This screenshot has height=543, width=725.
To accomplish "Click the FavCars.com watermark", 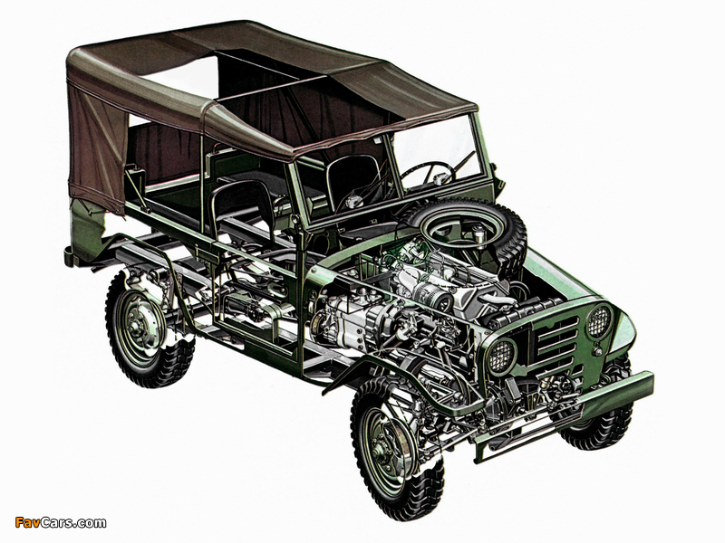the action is pyautogui.click(x=61, y=523).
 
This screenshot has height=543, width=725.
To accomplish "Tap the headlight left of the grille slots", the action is pyautogui.click(x=501, y=356).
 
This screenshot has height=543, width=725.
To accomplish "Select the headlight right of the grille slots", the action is pyautogui.click(x=599, y=321).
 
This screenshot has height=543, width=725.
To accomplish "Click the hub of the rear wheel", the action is pyautogui.click(x=138, y=323).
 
